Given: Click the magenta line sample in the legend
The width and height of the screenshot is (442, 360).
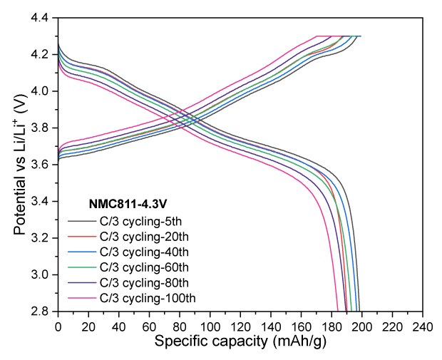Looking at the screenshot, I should click(78, 298).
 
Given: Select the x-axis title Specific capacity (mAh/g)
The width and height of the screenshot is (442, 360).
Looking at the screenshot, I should click(240, 341).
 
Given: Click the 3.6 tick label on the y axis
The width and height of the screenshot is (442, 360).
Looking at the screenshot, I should click(41, 165).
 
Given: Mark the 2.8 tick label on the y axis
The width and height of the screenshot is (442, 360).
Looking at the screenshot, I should click(41, 312).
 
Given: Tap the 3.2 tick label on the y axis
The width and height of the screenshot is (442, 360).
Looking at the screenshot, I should click(41, 238).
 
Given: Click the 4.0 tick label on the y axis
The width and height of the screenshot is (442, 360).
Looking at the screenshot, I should click(41, 91).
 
